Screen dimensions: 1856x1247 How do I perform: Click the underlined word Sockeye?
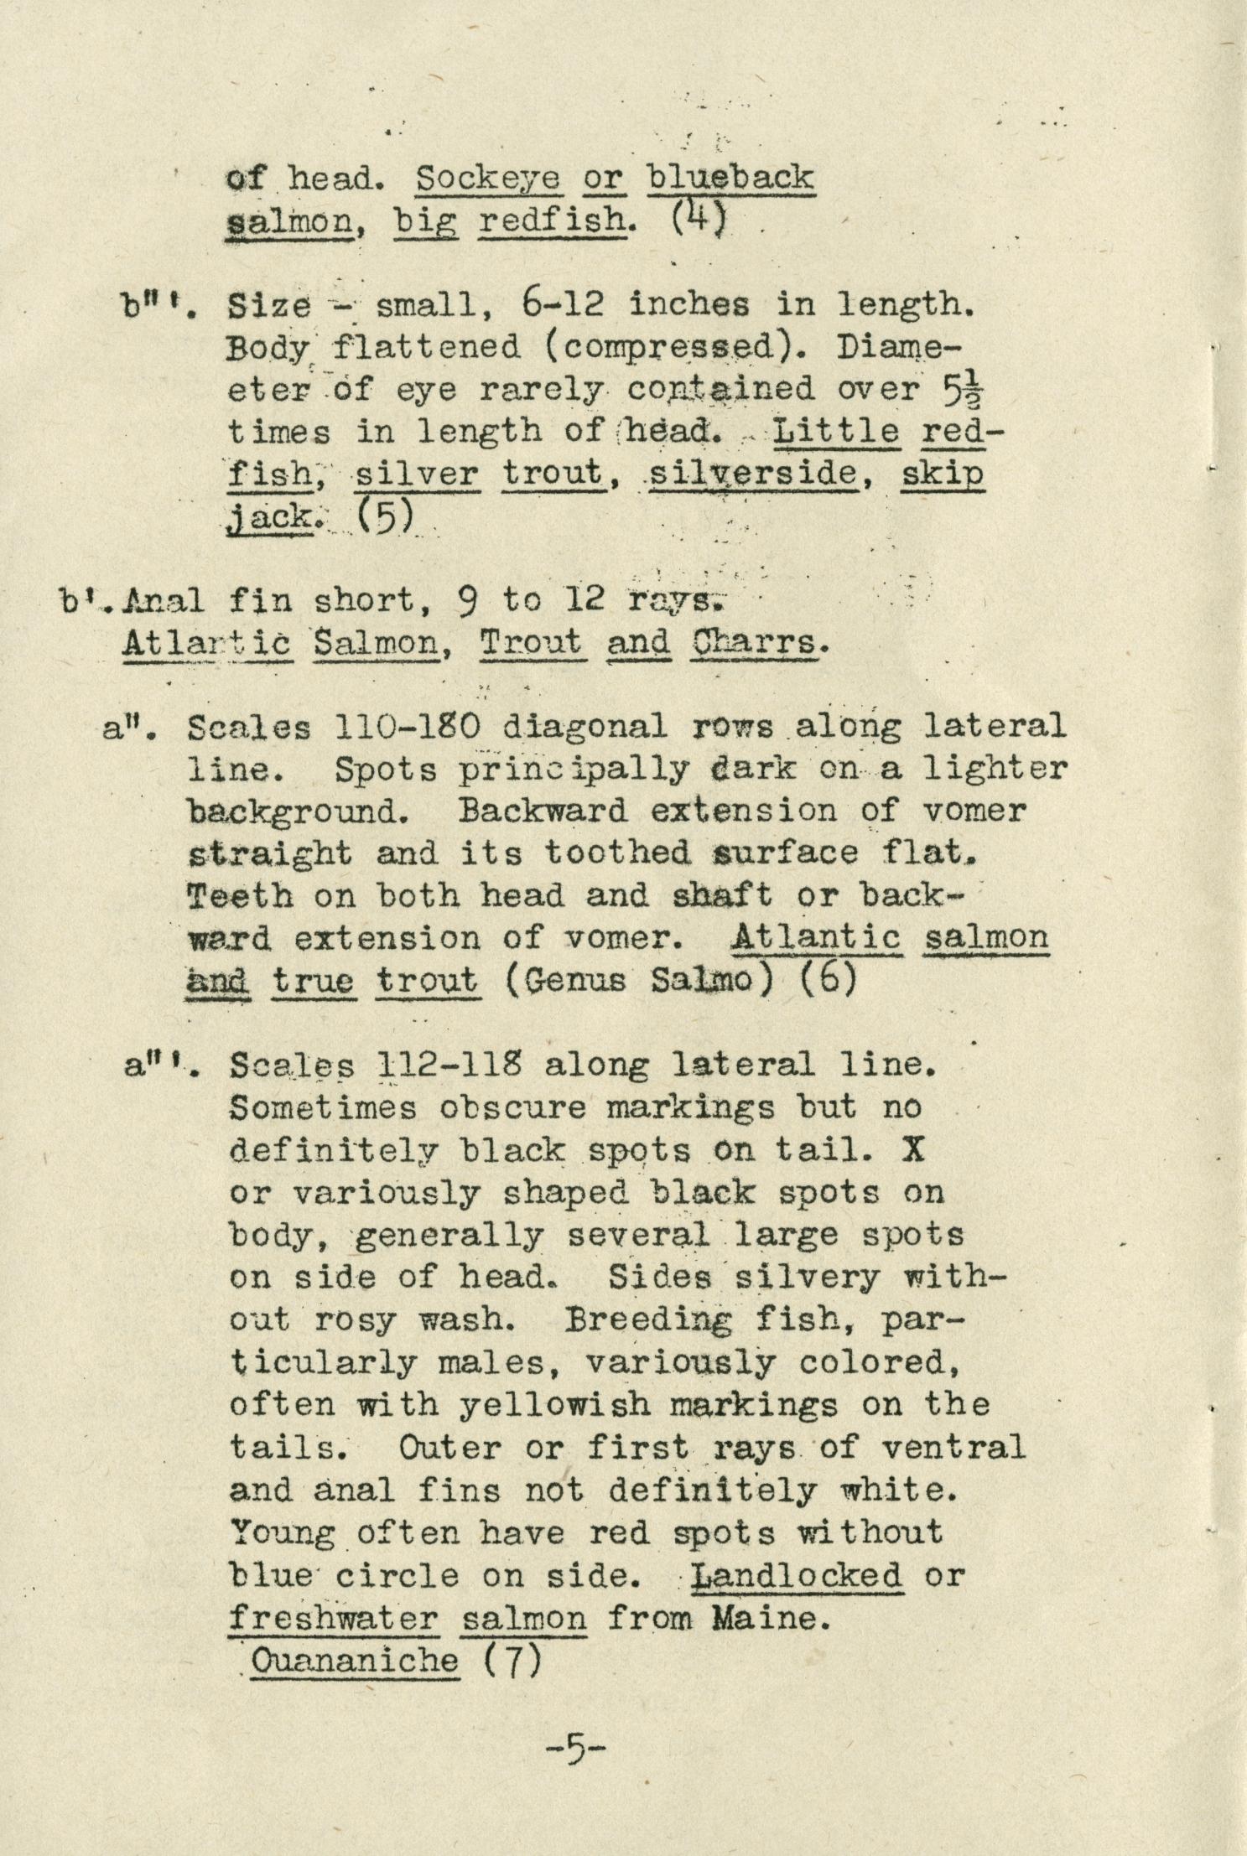click(x=488, y=178)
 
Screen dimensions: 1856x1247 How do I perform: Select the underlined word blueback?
click(x=731, y=178)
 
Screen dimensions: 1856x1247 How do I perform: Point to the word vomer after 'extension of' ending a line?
click(x=973, y=811)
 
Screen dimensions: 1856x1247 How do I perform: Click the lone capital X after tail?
click(x=914, y=1150)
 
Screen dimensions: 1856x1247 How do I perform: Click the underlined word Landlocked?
click(x=798, y=1576)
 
